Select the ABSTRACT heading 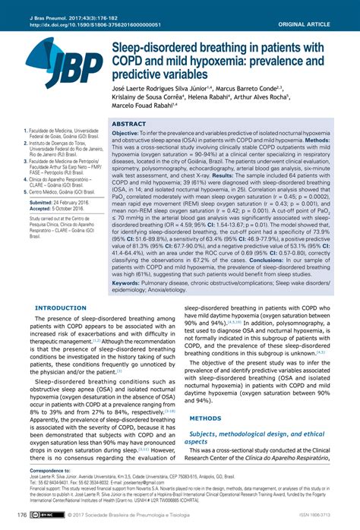tap(128, 123)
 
